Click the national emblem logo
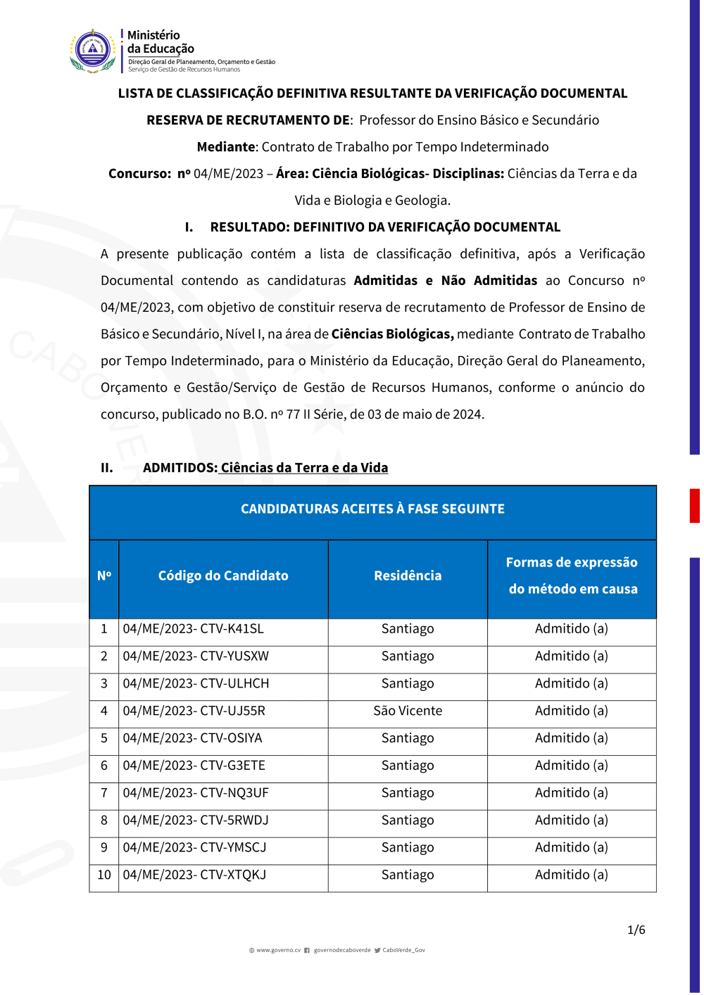(93, 51)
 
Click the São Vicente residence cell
(408, 711)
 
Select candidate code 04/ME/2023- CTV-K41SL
(193, 628)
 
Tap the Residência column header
(408, 576)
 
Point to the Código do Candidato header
(223, 576)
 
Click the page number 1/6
(636, 930)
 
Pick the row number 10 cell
(104, 875)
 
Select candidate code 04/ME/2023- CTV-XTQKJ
(194, 875)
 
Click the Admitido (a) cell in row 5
(571, 738)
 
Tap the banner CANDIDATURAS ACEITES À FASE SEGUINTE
(372, 509)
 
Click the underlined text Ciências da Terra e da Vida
(304, 468)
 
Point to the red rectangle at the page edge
(694, 505)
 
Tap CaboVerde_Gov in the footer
(403, 950)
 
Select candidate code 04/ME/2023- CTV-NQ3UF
(196, 793)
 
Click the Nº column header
(104, 576)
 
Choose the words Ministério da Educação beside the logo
(161, 42)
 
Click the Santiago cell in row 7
(408, 793)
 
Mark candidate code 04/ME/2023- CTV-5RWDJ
(196, 820)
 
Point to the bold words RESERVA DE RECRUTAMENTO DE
(249, 120)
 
